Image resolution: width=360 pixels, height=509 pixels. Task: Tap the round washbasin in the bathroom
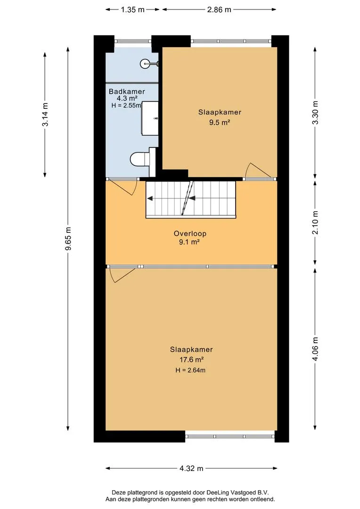(145, 64)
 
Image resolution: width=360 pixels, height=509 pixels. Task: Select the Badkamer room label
(127, 91)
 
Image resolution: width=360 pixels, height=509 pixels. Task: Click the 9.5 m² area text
(220, 123)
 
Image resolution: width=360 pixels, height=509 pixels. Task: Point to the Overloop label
(190, 233)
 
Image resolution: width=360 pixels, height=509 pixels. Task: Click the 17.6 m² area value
(191, 359)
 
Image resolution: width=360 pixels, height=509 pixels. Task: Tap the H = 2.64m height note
(190, 370)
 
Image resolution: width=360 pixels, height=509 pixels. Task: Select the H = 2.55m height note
(126, 105)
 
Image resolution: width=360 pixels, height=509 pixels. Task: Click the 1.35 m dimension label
(132, 9)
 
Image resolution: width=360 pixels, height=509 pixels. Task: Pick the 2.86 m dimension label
(219, 9)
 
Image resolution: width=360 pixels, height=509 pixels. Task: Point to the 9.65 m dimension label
(68, 238)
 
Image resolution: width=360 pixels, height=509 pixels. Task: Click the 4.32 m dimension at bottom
(191, 468)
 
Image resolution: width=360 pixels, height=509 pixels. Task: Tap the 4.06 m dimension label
(315, 349)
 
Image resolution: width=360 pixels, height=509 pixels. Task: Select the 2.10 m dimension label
(315, 222)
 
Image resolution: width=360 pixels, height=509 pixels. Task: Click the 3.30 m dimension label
(315, 112)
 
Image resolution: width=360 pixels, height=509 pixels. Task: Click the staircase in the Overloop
(190, 199)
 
